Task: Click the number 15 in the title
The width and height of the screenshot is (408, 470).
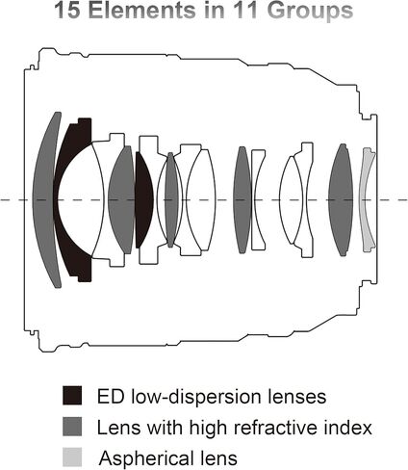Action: click(67, 10)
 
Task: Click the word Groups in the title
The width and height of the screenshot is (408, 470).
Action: click(311, 11)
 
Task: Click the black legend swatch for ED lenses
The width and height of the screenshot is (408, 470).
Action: click(72, 395)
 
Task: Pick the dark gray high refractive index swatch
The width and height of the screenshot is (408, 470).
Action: click(72, 426)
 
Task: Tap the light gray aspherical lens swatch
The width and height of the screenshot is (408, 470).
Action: click(72, 457)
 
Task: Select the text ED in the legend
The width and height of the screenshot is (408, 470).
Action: click(111, 397)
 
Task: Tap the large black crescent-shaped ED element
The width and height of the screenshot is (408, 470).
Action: click(68, 199)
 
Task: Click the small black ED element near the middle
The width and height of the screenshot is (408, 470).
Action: click(143, 199)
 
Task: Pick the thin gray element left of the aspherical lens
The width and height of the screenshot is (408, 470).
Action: click(341, 199)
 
